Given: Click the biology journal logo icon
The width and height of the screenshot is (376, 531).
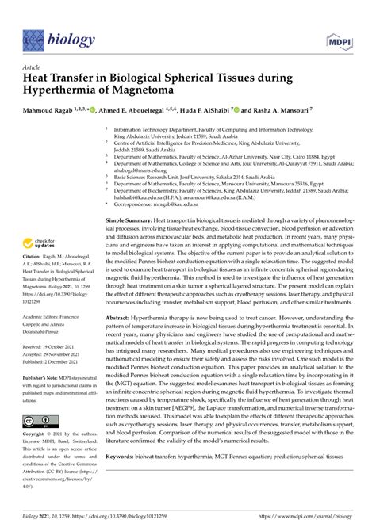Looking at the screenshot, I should (34, 38).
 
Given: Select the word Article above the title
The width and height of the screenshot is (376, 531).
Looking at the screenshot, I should (33, 68).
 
